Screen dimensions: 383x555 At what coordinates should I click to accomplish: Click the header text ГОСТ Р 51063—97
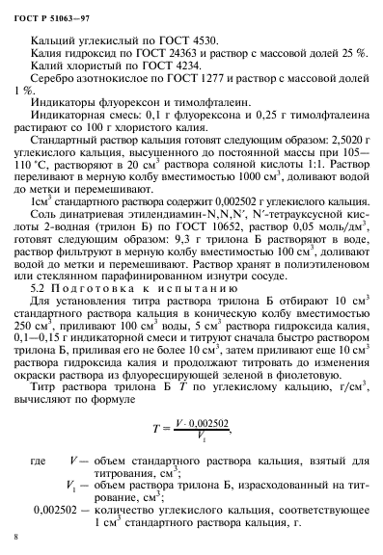coord(57,13)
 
